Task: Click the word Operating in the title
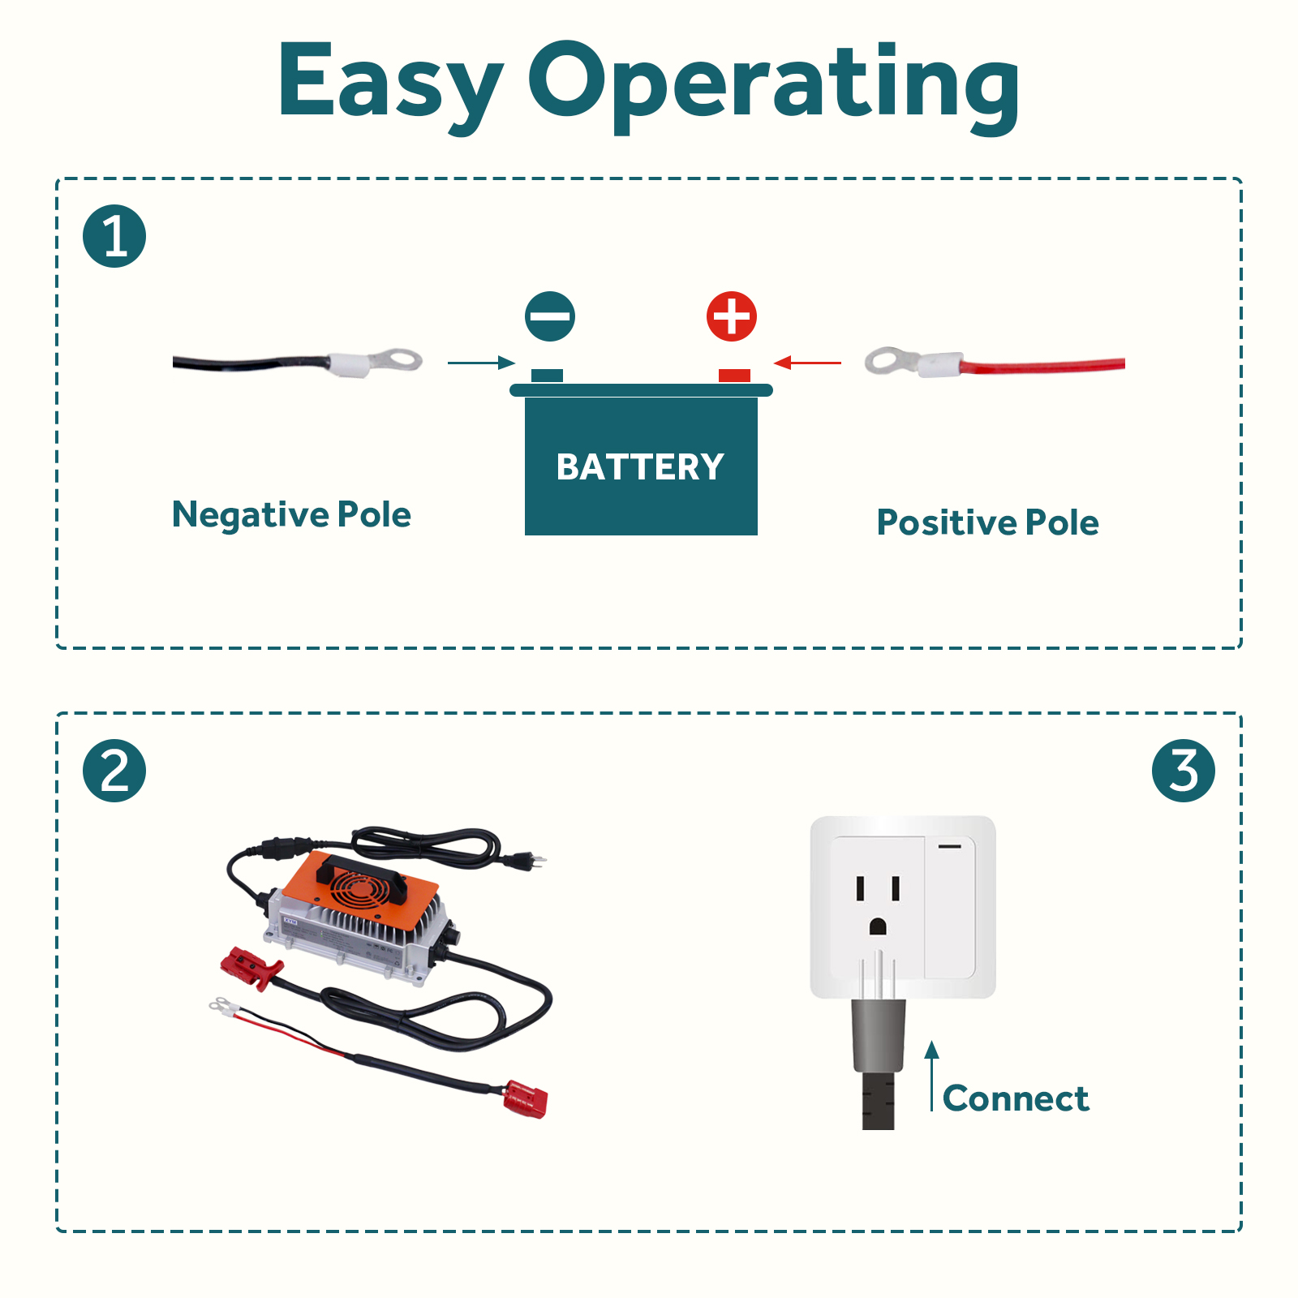point(775,86)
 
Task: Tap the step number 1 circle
point(114,236)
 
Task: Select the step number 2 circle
point(114,771)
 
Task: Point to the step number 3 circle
point(1184,771)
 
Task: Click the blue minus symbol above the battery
point(550,316)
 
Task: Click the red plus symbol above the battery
point(732,316)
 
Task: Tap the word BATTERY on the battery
point(641,466)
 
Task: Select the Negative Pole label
point(292,515)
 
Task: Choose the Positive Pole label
point(988,522)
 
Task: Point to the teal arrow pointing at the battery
point(482,363)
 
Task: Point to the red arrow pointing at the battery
point(807,363)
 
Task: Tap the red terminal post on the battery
point(734,376)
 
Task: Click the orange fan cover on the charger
point(362,889)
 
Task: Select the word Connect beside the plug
point(1016,1098)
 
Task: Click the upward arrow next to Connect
point(932,1076)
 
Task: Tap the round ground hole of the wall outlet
point(878,926)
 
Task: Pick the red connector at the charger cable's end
point(526,1098)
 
